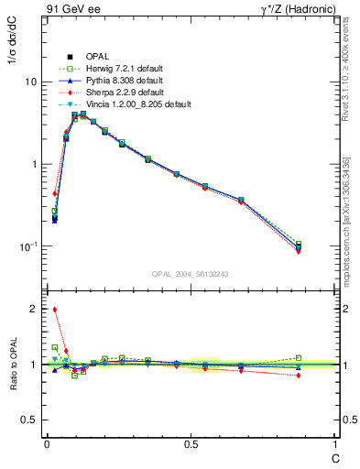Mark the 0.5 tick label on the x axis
point(191,442)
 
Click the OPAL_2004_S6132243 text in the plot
point(190,273)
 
